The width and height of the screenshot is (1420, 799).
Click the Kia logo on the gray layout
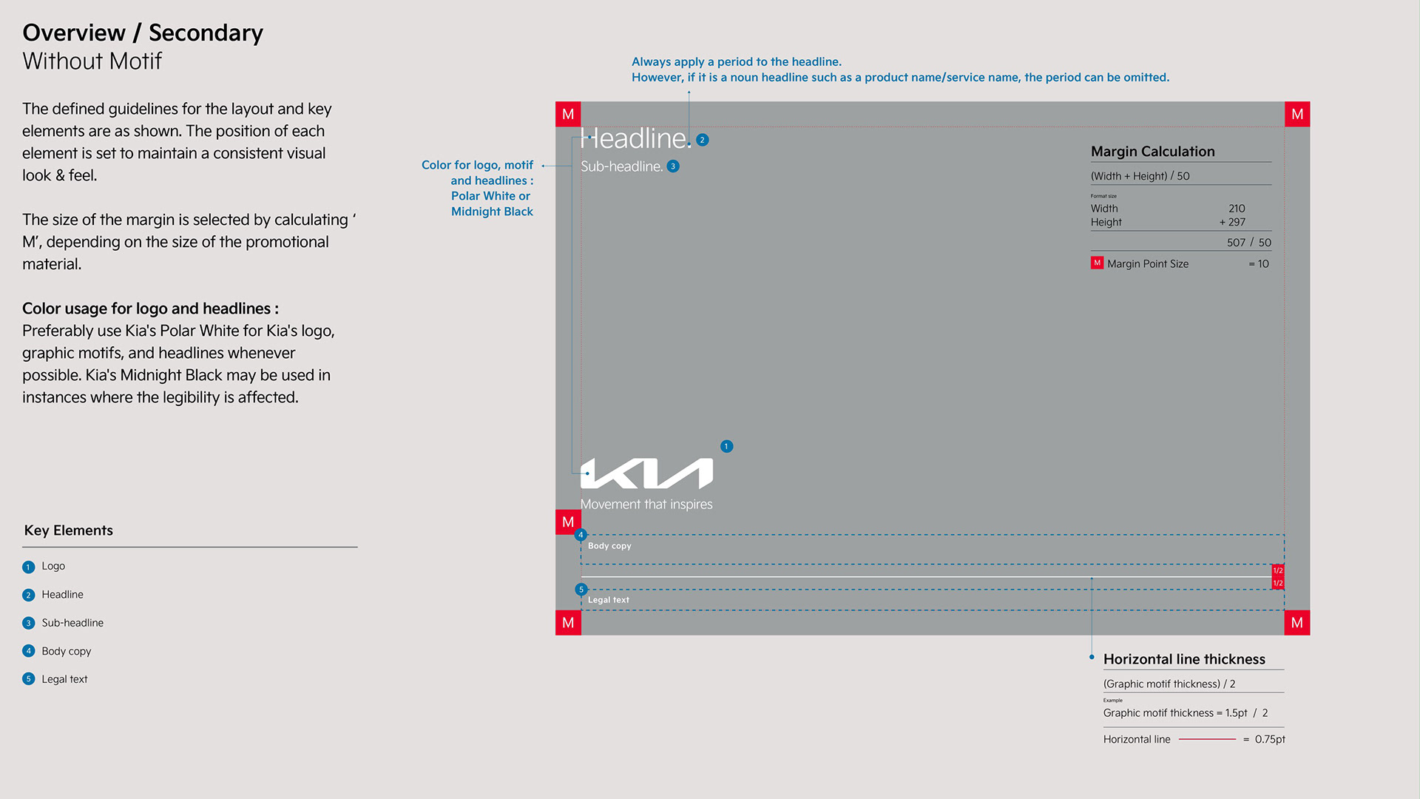click(x=646, y=473)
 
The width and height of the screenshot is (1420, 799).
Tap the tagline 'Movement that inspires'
click(x=646, y=505)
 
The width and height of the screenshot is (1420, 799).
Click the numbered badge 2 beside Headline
click(x=703, y=140)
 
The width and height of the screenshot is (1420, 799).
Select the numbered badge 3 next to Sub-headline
click(x=673, y=166)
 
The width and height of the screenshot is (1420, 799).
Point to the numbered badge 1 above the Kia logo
click(x=726, y=446)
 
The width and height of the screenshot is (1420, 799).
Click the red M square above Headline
click(x=568, y=114)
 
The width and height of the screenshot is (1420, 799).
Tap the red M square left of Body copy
click(x=568, y=522)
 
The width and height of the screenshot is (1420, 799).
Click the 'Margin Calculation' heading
click(x=1152, y=152)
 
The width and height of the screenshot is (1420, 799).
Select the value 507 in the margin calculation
click(x=1236, y=243)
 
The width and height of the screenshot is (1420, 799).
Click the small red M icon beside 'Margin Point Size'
click(x=1097, y=263)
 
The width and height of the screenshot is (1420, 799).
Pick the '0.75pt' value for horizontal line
click(x=1270, y=739)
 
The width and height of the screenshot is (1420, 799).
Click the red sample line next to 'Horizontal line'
click(x=1207, y=739)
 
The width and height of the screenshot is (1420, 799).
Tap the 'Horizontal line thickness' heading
click(x=1184, y=659)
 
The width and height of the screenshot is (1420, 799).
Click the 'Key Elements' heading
click(x=69, y=530)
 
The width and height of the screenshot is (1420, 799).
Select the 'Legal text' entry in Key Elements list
click(x=64, y=679)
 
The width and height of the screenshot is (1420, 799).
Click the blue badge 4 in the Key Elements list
click(x=29, y=651)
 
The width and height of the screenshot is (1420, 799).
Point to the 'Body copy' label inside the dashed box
click(x=609, y=546)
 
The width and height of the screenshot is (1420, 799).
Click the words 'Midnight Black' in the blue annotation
click(x=492, y=212)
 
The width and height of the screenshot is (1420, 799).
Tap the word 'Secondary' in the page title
click(x=206, y=33)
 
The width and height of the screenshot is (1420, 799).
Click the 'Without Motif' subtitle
click(x=92, y=61)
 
